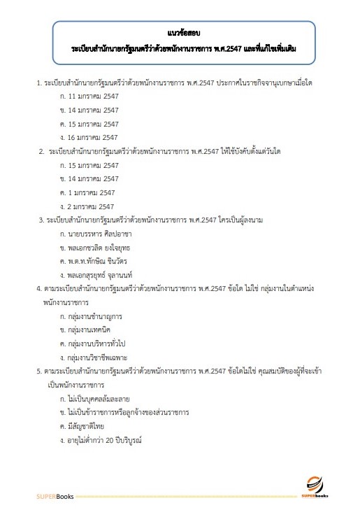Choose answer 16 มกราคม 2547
(x=91, y=137)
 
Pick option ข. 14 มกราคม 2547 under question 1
(x=91, y=111)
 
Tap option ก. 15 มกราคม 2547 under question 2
(x=91, y=165)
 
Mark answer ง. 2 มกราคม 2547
(x=89, y=206)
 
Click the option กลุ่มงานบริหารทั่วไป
(x=99, y=343)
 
